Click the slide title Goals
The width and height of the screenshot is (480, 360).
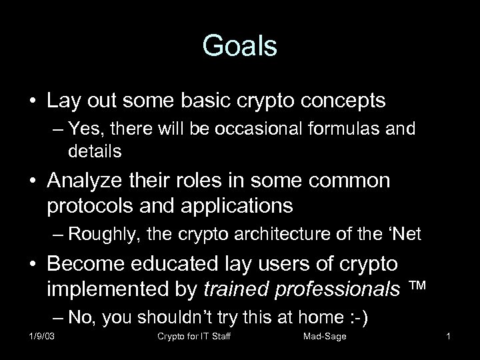click(x=239, y=47)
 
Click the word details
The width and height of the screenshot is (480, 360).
click(x=95, y=151)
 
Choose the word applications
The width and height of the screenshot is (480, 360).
click(x=227, y=206)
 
